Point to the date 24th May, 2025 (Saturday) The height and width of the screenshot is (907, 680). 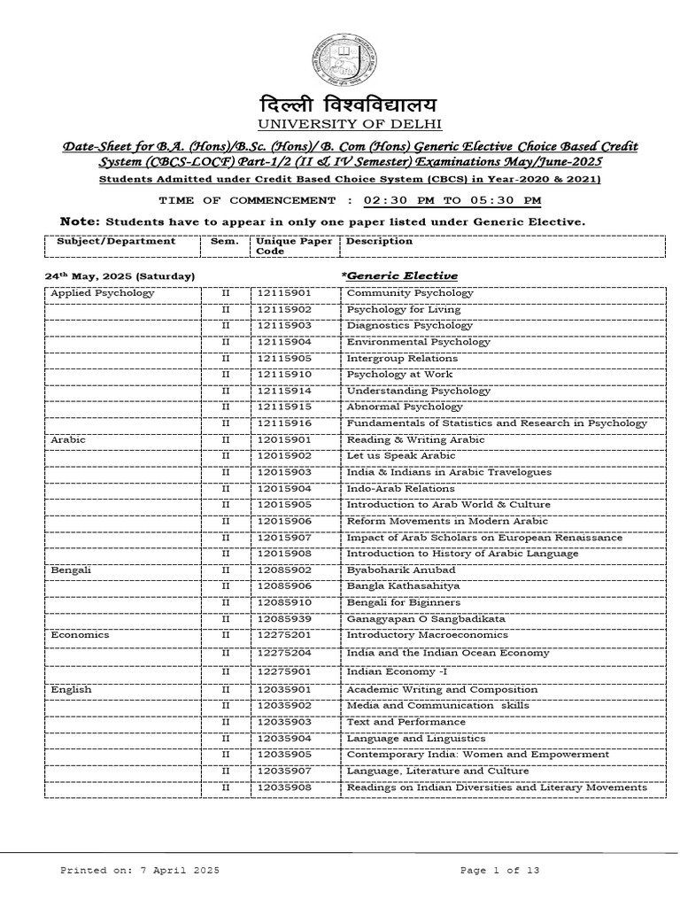point(120,276)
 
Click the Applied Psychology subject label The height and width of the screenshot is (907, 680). point(103,293)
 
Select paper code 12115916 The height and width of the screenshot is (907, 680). point(284,423)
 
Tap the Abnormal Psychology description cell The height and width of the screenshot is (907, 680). point(404,407)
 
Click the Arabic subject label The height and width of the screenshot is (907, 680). point(66,439)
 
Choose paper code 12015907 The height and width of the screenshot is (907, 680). point(284,538)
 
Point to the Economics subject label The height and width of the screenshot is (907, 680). point(80,634)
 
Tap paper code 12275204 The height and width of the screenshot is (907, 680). point(284,653)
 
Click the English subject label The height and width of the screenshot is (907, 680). point(71,689)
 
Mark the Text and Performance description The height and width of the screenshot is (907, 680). point(406,722)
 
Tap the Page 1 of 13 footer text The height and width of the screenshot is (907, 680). point(499,871)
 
